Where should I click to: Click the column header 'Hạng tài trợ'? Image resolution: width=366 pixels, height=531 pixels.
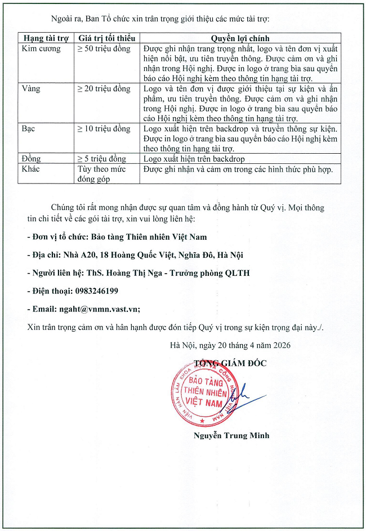click(46, 38)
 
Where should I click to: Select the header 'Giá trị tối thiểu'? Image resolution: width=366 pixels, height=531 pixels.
click(107, 38)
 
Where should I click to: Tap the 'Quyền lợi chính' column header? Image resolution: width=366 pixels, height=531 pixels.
click(241, 38)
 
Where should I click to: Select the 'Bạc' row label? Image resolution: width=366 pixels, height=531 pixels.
click(29, 128)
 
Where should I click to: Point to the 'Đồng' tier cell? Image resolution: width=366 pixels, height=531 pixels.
click(32, 159)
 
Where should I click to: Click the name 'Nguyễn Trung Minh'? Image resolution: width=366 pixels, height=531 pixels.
click(230, 435)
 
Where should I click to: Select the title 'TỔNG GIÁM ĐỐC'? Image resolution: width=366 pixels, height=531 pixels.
click(230, 363)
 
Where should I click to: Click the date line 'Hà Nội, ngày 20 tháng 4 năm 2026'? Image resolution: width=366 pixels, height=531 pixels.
click(231, 345)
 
